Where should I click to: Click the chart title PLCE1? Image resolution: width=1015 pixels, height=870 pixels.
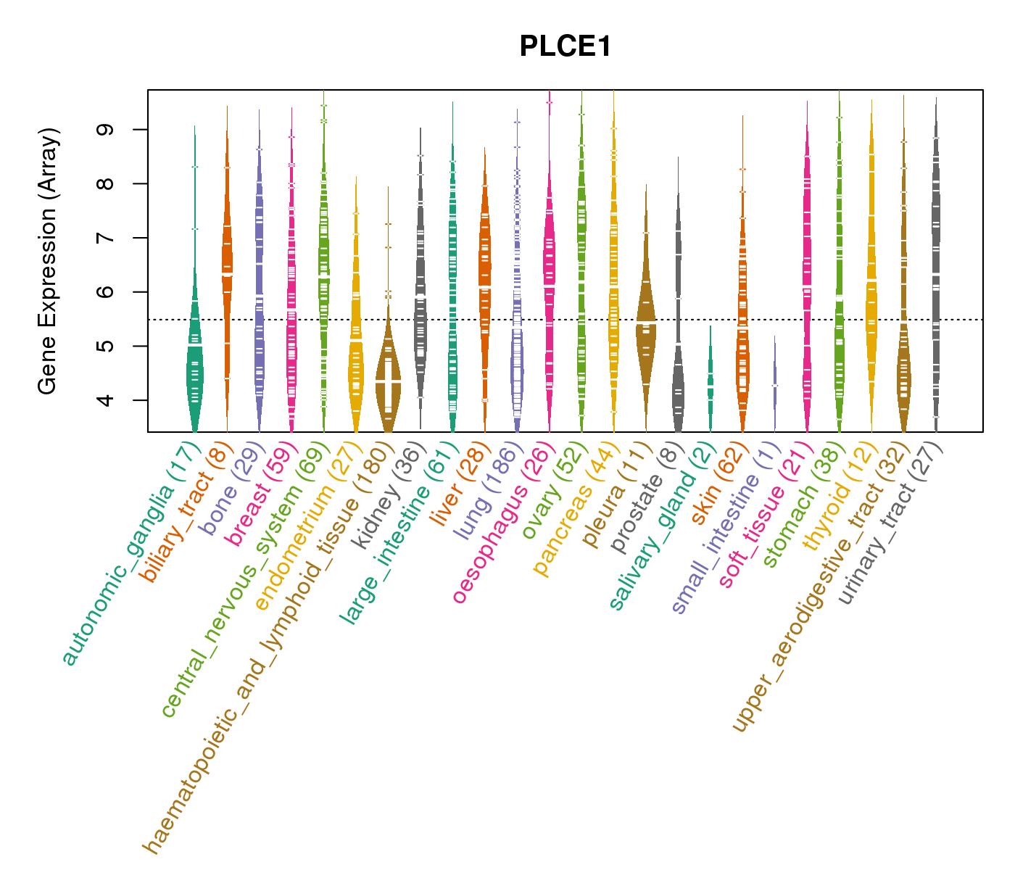tap(565, 47)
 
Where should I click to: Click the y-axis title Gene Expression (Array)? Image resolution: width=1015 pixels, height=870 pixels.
tap(48, 261)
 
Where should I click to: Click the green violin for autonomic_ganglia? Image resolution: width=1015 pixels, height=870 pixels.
tap(194, 362)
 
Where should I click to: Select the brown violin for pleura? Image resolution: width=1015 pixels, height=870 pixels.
tap(645, 326)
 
